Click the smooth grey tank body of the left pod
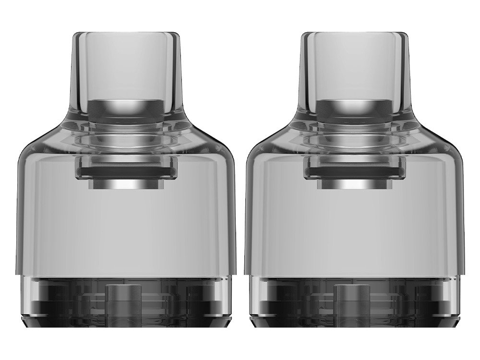tap(127, 230)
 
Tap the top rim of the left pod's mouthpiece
tap(127, 34)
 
